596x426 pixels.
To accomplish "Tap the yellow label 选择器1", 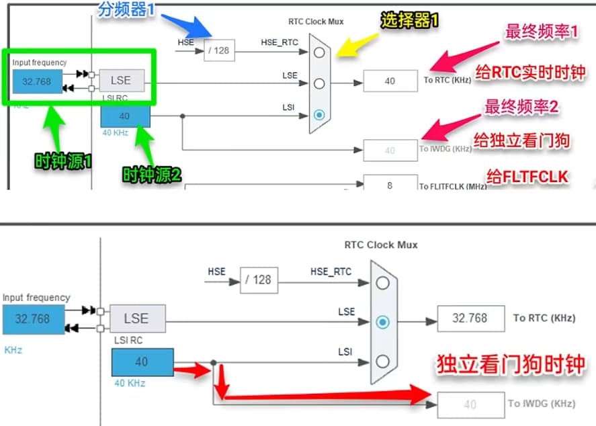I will coord(410,21).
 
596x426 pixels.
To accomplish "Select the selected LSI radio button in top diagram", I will coord(319,115).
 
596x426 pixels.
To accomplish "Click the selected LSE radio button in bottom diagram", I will coord(383,322).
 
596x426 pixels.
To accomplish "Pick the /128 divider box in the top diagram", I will coord(219,50).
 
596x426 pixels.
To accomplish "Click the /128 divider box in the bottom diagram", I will coord(259,280).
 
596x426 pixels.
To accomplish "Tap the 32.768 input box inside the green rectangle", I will coord(37,81).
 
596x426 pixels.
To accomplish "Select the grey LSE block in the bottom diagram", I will coord(136,318).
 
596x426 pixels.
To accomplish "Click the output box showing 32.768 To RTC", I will coord(470,318).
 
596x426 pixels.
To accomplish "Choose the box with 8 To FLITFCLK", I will coord(390,185).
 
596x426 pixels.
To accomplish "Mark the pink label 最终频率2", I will coord(532,106).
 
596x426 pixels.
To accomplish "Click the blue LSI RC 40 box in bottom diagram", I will coord(142,362).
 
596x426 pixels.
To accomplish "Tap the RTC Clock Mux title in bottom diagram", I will coord(381,245).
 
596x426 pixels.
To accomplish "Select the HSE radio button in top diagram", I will coord(319,52).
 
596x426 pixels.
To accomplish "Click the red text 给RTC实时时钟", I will coord(530,72).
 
